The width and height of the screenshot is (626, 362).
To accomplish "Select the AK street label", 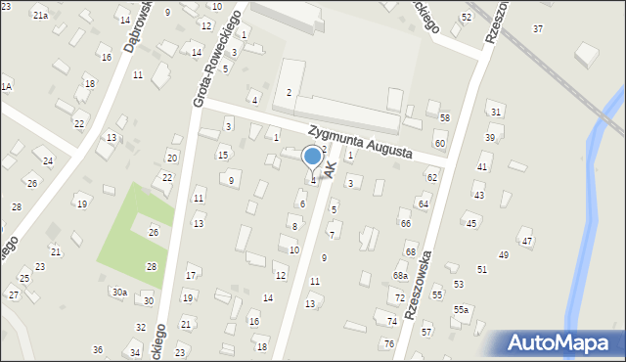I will point(331,170).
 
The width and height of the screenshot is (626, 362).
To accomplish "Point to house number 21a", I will point(40,16).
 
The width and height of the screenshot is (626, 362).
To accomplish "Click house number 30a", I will point(118,292).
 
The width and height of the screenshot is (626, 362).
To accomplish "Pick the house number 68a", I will point(400,276).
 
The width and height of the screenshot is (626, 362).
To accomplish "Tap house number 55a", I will point(460,310).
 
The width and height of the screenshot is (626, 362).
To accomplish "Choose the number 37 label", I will point(538,28).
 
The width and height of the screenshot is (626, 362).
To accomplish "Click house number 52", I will point(467,17).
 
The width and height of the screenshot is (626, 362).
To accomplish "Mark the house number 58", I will point(444,117).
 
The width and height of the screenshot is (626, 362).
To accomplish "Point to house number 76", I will point(388,343).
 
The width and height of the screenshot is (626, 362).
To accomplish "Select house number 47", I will point(527,241).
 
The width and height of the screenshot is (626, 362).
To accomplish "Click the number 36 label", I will point(98,349).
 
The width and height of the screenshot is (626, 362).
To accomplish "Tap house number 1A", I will point(6,87).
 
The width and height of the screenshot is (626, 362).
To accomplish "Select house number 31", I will point(496,113).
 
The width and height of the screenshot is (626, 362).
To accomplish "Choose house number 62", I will point(431,177).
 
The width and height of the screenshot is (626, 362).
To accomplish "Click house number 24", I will point(47,160).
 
